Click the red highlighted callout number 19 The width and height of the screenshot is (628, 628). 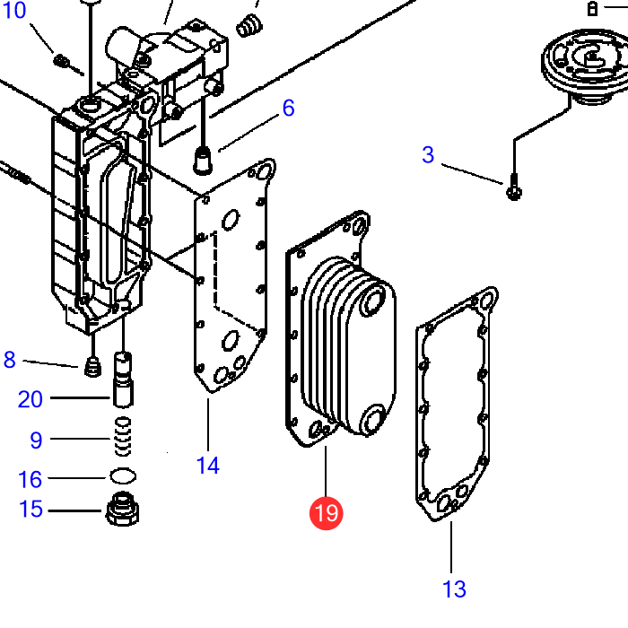(326, 513)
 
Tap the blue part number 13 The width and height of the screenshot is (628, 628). (454, 589)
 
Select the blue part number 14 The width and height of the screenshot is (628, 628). (208, 466)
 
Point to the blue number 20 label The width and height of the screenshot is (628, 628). (30, 399)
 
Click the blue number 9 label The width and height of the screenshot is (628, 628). (36, 440)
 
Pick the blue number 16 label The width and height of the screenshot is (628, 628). (30, 479)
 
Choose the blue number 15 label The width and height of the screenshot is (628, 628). (31, 509)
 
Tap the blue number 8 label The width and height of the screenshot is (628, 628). (10, 360)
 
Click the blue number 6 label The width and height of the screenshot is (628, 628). (288, 108)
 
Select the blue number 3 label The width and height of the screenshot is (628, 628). (428, 154)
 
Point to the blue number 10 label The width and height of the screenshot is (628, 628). (14, 10)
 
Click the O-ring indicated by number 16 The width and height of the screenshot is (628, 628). (123, 476)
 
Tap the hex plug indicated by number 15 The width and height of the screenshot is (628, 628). (123, 509)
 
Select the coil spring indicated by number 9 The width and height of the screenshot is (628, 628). (123, 437)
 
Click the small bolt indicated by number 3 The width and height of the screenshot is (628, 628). (514, 188)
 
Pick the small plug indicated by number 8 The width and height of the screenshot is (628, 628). (92, 366)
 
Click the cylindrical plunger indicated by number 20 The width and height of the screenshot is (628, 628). (124, 379)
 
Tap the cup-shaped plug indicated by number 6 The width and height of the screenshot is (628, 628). (203, 161)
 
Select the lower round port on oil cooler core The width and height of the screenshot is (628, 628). (373, 418)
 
